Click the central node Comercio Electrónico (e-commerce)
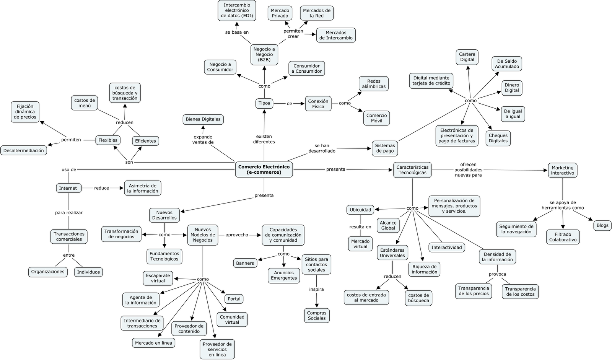click(x=264, y=169)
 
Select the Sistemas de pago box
click(x=385, y=148)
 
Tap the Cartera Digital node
click(x=467, y=57)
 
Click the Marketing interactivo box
click(x=562, y=170)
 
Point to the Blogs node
click(x=602, y=225)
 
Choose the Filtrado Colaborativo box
click(x=563, y=237)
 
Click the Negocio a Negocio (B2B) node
click(x=264, y=54)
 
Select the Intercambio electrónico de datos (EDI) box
click(x=237, y=10)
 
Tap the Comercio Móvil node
click(x=376, y=118)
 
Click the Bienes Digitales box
click(x=203, y=119)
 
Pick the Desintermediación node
click(x=24, y=150)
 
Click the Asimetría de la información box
click(x=143, y=188)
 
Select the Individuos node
click(x=88, y=272)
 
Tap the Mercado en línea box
click(x=153, y=343)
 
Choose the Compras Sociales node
click(x=317, y=315)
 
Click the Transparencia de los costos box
click(x=520, y=292)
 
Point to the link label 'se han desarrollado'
click(x=322, y=148)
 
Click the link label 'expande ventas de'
click(x=203, y=139)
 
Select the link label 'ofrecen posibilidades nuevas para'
click(x=468, y=170)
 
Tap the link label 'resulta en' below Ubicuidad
click(x=360, y=226)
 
